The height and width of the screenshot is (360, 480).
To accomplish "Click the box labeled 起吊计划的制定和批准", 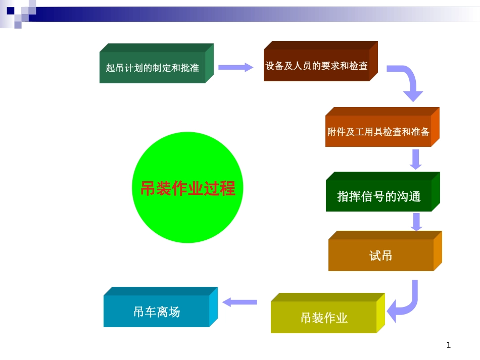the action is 153,68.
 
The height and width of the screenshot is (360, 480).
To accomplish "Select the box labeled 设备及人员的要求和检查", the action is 317,66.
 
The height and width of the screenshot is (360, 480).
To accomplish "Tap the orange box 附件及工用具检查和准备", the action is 378,132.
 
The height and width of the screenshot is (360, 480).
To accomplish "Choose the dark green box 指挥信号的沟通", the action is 379,196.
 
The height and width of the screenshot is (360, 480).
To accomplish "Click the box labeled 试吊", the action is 381,255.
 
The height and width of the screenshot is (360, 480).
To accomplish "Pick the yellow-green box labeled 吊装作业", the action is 324,318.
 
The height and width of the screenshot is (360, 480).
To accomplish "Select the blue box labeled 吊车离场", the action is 157,312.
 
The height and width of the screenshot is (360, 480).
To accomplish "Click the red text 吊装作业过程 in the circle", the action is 187,188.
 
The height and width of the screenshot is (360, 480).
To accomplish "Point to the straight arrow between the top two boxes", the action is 235,67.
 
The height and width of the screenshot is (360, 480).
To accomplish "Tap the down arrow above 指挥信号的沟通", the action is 416,159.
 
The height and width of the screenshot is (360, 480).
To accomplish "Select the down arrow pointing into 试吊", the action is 416,222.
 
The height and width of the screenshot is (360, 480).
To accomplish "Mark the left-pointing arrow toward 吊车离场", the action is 240,302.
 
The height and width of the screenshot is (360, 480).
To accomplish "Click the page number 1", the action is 449,345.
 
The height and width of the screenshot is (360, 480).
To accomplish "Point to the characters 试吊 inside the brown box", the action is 381,255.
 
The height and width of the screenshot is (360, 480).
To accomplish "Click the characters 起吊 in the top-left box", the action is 111,68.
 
